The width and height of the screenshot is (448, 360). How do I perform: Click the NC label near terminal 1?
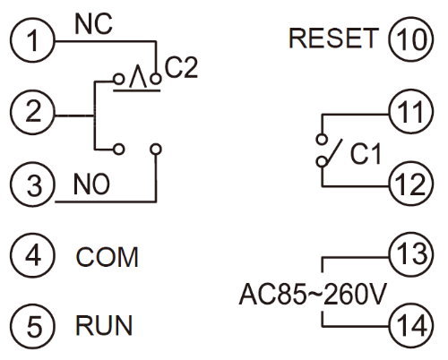coord(93,24)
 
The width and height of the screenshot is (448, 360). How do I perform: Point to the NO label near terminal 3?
coord(91,184)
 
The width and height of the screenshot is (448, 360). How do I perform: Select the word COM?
coord(107,257)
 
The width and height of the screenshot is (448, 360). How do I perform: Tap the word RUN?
coord(104,325)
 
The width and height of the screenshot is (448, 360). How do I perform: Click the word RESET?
coord(334,39)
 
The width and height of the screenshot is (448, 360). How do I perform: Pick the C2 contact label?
coord(181,68)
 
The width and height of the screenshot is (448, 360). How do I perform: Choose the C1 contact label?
coord(366,154)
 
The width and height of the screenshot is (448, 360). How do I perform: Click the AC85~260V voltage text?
coord(313,294)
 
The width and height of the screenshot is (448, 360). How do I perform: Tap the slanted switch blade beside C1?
coord(334,151)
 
